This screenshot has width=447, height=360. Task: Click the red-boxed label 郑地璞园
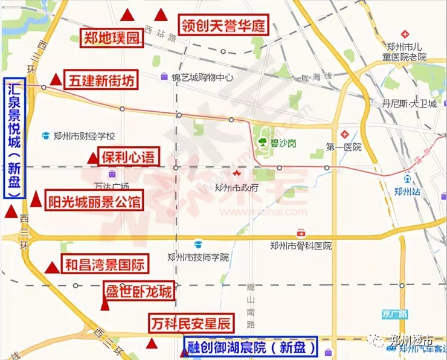click(x=112, y=39)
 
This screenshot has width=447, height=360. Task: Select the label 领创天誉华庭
click(x=224, y=25)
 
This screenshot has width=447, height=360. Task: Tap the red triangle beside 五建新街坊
click(x=56, y=79)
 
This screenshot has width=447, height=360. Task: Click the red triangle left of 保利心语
click(x=92, y=158)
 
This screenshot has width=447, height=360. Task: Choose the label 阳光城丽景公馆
click(x=95, y=201)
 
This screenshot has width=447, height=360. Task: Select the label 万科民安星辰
click(x=190, y=324)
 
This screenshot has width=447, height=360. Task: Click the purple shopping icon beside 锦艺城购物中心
click(x=164, y=77)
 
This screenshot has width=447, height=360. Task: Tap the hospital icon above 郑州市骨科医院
click(x=301, y=233)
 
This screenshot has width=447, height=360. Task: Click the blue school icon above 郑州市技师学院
click(x=198, y=245)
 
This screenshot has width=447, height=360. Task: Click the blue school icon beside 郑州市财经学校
click(x=46, y=136)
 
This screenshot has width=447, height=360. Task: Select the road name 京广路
click(x=395, y=313)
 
